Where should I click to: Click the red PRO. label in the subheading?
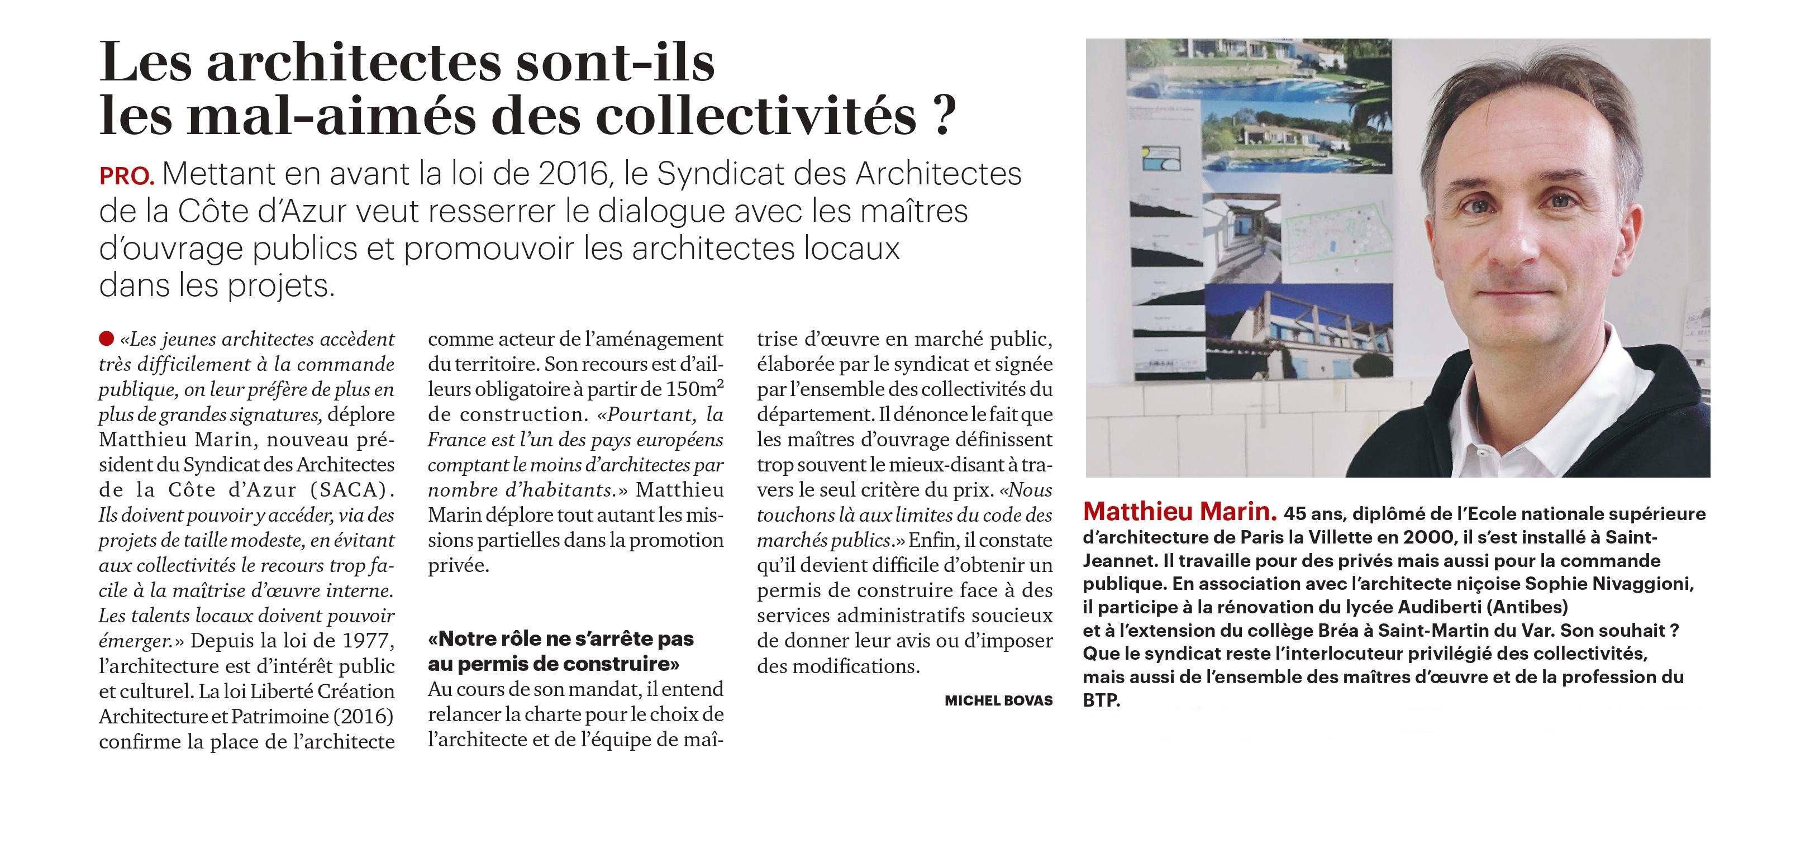point(127,176)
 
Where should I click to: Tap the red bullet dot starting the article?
point(106,339)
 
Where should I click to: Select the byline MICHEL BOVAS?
point(998,700)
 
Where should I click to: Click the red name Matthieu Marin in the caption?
point(1179,512)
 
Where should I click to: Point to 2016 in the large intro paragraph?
point(573,173)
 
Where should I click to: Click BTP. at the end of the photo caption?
point(1101,701)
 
